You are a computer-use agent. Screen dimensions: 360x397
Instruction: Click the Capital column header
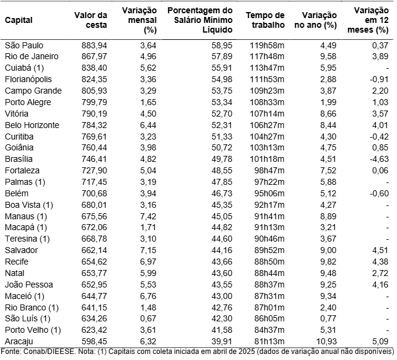point(19,20)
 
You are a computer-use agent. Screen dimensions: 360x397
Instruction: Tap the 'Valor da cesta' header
point(91,20)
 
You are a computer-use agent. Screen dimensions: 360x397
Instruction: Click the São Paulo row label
point(24,45)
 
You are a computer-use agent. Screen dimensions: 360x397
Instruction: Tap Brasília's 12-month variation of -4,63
point(376,159)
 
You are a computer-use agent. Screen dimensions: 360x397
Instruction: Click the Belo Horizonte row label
point(31,124)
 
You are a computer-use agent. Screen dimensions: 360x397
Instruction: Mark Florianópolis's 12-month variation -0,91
point(376,79)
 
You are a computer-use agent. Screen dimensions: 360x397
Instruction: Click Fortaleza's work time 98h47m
point(267,170)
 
